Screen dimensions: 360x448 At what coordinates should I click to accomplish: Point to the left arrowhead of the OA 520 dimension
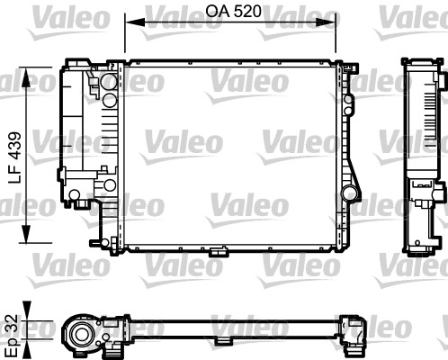128,23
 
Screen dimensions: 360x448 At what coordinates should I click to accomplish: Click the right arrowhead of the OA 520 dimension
336,23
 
